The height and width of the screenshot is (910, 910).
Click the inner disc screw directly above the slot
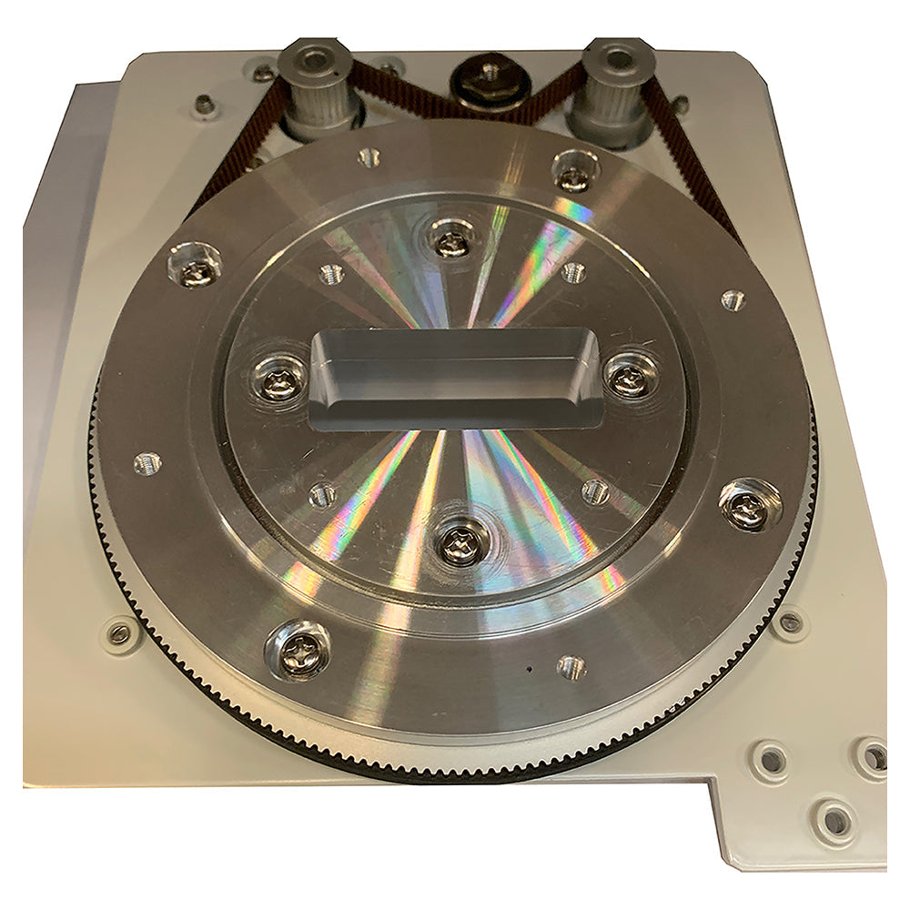[x=450, y=240]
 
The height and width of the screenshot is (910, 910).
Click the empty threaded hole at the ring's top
[x=369, y=157]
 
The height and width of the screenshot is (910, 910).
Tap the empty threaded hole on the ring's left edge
[x=147, y=464]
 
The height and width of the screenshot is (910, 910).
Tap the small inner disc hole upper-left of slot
[x=331, y=274]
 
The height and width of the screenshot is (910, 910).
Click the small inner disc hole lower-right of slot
[x=594, y=492]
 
